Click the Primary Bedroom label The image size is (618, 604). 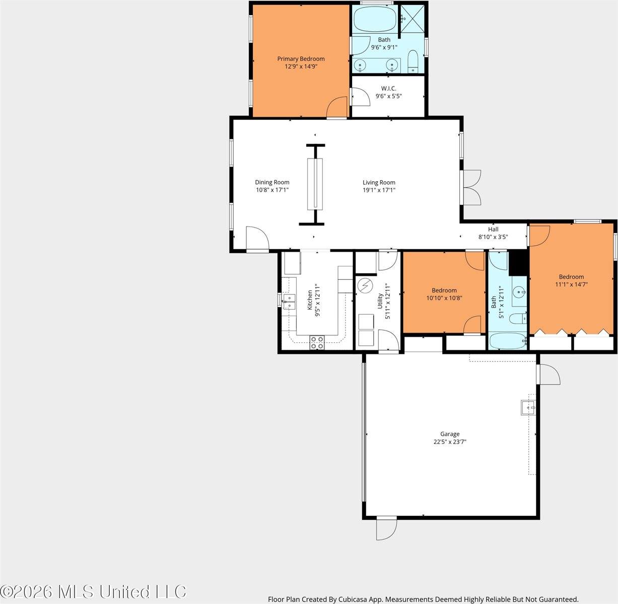[x=301, y=59]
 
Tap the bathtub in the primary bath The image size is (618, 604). [x=375, y=19]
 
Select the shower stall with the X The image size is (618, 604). [x=412, y=19]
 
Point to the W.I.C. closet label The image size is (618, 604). [x=388, y=89]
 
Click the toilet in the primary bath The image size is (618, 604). [x=413, y=61]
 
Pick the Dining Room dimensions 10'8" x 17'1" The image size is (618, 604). [x=272, y=190]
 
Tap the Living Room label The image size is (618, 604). [x=379, y=183]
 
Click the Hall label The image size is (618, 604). [x=493, y=229]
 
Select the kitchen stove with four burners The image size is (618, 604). [x=317, y=342]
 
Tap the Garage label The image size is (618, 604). [x=450, y=434]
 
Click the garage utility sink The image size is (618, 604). [x=528, y=408]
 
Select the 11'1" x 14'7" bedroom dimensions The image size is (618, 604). [x=571, y=284]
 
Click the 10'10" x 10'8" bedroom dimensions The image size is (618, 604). [x=444, y=298]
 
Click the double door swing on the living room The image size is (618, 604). [x=472, y=187]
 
